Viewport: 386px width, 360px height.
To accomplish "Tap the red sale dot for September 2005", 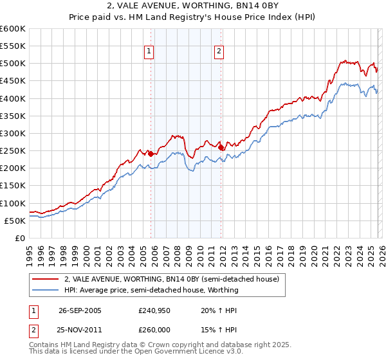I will point(151,154).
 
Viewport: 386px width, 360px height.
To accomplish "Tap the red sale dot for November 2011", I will point(221,147).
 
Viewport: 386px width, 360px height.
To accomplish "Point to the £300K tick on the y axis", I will point(13,133).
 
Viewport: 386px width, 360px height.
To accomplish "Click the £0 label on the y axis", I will point(21,238).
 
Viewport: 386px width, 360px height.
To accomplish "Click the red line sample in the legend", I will point(46,279).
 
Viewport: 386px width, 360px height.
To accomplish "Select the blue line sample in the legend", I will point(46,290).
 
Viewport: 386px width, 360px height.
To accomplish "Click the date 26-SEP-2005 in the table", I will point(80,310).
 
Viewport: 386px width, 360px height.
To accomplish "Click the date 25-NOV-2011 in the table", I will point(80,329).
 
